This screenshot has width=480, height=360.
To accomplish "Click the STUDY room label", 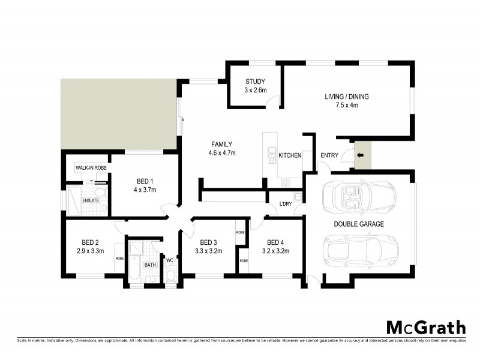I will coord(255,82).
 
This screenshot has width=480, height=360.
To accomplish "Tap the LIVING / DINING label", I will coord(346,97).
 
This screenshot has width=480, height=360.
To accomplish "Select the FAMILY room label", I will coord(221,144).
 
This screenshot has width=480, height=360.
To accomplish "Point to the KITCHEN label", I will coord(290,155).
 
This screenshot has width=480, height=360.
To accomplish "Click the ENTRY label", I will coord(329,156).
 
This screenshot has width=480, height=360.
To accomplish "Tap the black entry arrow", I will coord(360,156).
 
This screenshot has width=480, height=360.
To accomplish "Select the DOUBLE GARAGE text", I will coord(359,224).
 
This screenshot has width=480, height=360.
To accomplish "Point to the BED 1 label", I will coord(145,181).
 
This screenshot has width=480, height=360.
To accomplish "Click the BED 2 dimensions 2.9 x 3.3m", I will coord(91,251).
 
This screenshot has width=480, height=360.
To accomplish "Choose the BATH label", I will coord(150,264).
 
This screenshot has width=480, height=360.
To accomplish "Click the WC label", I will coord(170,260).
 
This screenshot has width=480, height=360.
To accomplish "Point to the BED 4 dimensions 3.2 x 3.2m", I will coord(275,251).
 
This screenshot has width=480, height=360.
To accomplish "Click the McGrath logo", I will coord(425,328).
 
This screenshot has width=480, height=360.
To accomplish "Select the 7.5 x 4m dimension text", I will coord(346,106).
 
